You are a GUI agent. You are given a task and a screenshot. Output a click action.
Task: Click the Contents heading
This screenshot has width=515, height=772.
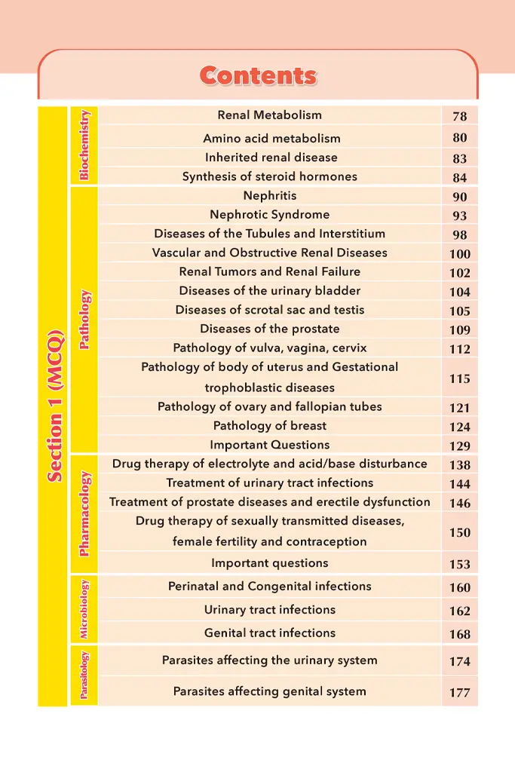[x=258, y=76]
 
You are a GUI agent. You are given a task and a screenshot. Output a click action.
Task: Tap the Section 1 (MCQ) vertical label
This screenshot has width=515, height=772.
[x=54, y=406]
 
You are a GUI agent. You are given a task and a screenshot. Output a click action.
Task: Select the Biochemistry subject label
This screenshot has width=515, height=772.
[x=84, y=145]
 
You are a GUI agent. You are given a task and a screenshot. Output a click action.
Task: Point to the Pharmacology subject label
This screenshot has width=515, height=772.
[x=84, y=513]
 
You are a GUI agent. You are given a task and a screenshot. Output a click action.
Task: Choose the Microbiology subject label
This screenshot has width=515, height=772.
[x=84, y=609]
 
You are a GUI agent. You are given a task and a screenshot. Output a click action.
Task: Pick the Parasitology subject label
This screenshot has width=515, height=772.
[x=84, y=675]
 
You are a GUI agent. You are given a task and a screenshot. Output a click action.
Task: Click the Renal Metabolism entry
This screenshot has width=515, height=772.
[x=269, y=115]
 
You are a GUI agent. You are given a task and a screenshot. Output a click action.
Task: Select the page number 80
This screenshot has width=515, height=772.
[x=460, y=138]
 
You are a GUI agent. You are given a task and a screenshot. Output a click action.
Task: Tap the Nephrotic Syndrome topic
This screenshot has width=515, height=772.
[x=269, y=215]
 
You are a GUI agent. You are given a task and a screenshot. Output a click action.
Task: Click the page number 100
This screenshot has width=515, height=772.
[x=459, y=254]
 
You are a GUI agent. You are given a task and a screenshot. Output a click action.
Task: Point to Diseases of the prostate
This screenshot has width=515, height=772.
[x=269, y=329]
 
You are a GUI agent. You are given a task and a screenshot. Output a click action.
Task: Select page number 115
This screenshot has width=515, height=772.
[x=460, y=378]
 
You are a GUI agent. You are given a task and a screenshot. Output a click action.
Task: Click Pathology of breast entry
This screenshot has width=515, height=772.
[x=269, y=426]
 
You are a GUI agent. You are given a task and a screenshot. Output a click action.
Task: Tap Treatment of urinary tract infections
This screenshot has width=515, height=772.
[x=269, y=483]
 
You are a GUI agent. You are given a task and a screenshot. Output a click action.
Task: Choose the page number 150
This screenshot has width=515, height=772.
[x=460, y=532]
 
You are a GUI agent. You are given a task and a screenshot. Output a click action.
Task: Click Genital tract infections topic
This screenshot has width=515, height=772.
[x=269, y=633]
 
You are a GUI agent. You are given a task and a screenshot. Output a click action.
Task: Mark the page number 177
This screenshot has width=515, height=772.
[x=459, y=693]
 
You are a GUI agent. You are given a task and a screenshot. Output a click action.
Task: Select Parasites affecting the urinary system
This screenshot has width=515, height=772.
[x=269, y=660]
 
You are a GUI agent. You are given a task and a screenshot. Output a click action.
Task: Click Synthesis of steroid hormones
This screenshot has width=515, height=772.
[x=269, y=176]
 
